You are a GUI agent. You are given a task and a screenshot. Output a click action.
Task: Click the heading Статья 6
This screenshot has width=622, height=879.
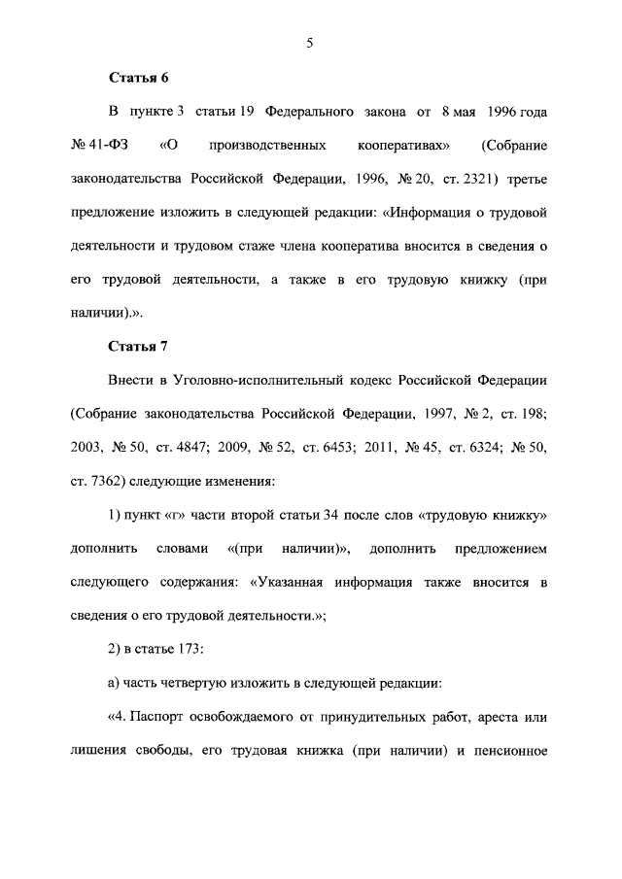point(135,78)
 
